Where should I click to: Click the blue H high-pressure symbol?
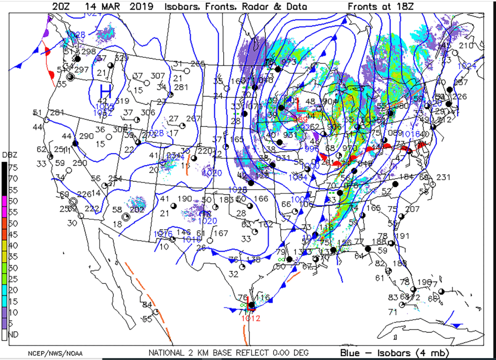[x=106, y=91]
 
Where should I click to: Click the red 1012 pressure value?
[x=250, y=318]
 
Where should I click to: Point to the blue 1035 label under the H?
[x=104, y=107]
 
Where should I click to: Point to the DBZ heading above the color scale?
[x=9, y=155]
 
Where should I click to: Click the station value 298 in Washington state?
[x=88, y=52]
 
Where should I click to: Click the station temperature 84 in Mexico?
[x=147, y=304]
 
